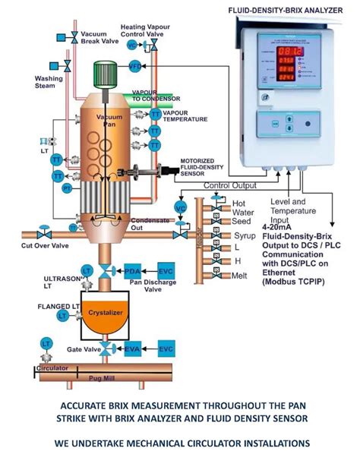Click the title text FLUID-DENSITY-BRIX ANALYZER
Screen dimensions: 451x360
coord(288,10)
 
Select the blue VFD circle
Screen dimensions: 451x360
coord(136,67)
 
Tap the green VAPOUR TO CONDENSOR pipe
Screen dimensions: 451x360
coord(155,99)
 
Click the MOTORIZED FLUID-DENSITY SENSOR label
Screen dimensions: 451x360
coord(206,166)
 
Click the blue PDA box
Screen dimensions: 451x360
coord(133,271)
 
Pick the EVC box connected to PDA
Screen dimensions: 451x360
coord(166,271)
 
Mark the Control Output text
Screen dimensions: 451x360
coord(229,184)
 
